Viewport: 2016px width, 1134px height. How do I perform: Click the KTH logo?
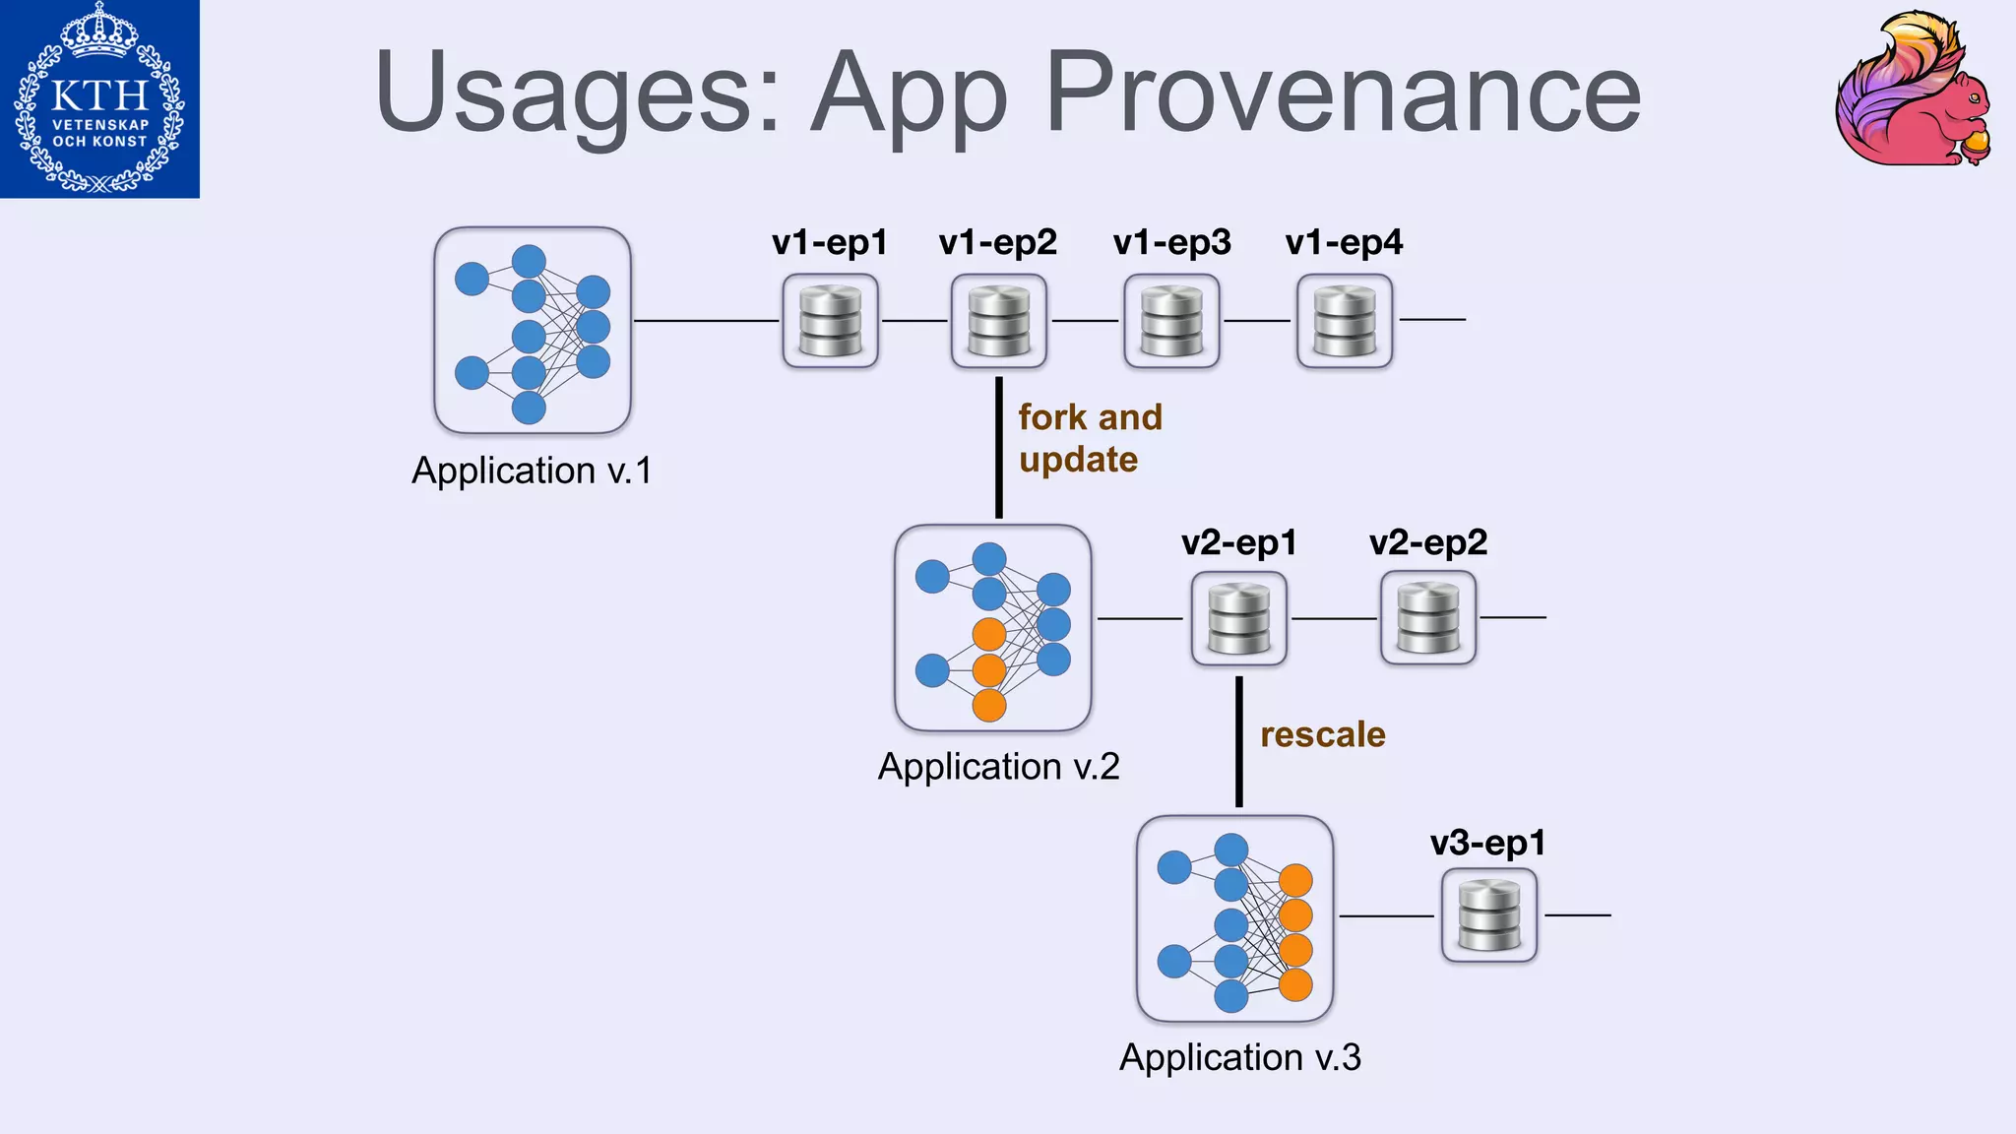(x=99, y=98)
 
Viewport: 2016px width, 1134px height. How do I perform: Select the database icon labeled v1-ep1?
(x=830, y=321)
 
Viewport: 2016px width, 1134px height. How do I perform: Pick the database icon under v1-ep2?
(x=998, y=321)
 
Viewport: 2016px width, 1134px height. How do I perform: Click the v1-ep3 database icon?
(x=1171, y=321)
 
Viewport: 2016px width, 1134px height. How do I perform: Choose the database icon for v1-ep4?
(x=1345, y=321)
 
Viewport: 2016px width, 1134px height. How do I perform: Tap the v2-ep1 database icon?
(x=1238, y=618)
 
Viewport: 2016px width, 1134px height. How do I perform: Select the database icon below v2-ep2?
(x=1427, y=618)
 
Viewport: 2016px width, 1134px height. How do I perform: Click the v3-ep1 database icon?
(x=1488, y=915)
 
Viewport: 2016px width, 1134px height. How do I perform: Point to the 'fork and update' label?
(x=1089, y=438)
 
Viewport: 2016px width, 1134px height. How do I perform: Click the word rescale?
(x=1322, y=734)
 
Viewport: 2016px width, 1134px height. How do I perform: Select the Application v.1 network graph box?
(x=533, y=331)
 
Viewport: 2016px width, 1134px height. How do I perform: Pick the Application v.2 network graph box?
(x=992, y=628)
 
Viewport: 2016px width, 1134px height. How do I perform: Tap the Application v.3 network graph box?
(x=1234, y=918)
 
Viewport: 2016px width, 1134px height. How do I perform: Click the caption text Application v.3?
(x=1239, y=1057)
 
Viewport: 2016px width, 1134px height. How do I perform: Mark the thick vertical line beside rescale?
(x=1238, y=741)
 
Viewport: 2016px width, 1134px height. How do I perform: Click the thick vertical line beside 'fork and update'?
(x=998, y=447)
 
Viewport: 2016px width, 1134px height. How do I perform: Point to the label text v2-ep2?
(x=1427, y=542)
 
